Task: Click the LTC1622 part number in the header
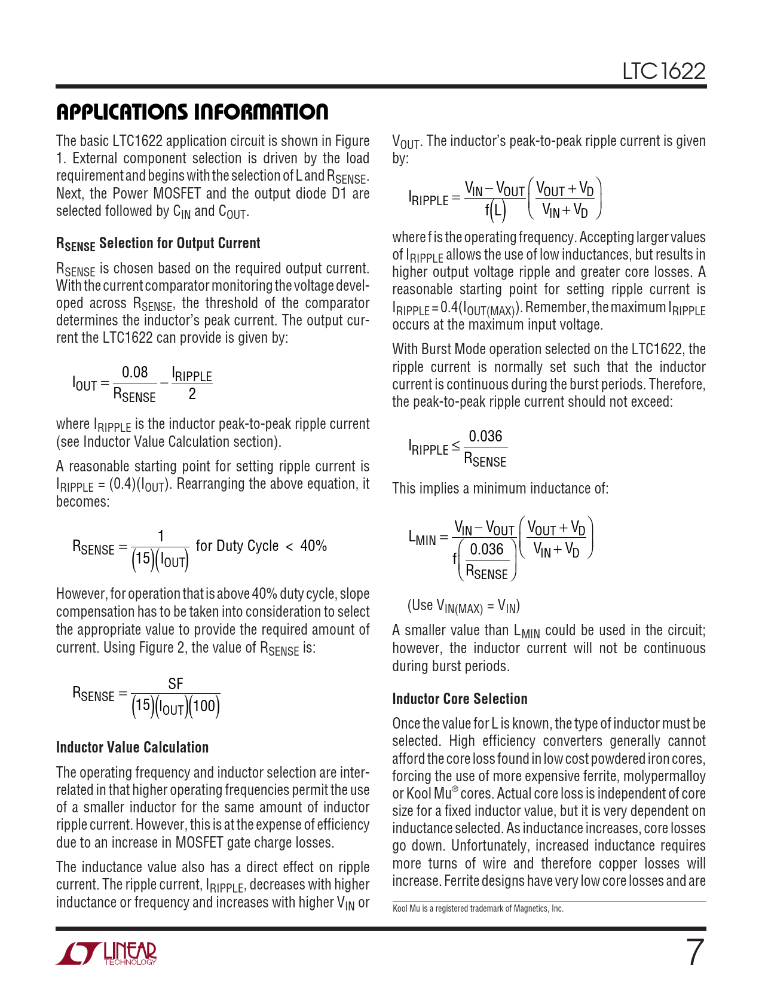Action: (x=663, y=71)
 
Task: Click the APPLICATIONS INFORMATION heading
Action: (x=192, y=112)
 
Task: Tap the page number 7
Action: (x=694, y=952)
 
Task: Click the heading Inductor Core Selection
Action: (x=460, y=699)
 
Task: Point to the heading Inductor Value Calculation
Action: (x=132, y=747)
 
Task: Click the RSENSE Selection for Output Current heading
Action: (x=158, y=243)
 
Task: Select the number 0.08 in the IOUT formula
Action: (x=134, y=372)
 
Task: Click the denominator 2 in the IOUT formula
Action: (x=192, y=394)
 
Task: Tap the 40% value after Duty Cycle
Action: (x=313, y=546)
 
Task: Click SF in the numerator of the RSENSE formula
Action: (x=175, y=684)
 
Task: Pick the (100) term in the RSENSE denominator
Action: (x=204, y=706)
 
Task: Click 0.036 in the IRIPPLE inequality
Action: (x=485, y=436)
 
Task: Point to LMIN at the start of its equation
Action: (x=423, y=537)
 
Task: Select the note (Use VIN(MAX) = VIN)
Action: (x=463, y=605)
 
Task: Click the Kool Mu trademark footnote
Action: (x=478, y=909)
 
